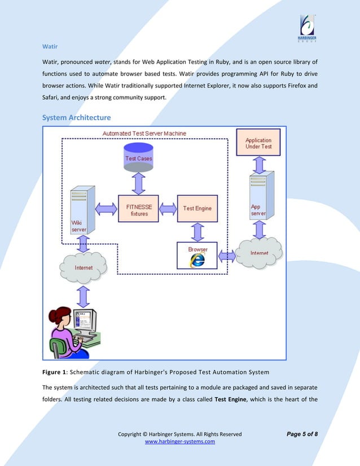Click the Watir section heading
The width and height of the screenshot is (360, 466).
pos(50,46)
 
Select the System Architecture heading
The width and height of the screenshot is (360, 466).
pos(77,117)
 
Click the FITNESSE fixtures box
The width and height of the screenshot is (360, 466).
pos(138,210)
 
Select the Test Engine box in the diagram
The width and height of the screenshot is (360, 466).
pos(197,208)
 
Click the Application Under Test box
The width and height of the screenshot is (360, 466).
pos(258,143)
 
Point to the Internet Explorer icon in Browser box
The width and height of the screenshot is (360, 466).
pos(197,259)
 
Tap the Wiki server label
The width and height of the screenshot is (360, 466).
pos(78,227)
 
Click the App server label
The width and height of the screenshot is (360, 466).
pos(258,210)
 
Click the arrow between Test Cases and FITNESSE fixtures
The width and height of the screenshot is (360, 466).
pos(138,183)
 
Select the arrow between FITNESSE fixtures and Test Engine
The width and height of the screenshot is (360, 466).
pos(168,209)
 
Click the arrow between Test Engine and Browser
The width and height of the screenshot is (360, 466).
pos(197,231)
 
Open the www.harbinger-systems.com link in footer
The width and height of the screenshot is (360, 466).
pos(180,442)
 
